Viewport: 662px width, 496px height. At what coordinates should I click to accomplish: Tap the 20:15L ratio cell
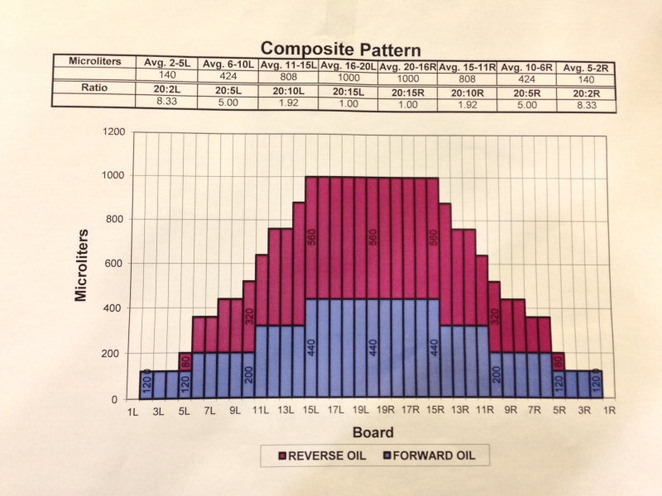click(x=348, y=91)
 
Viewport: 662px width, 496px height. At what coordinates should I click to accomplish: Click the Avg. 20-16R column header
click(x=408, y=65)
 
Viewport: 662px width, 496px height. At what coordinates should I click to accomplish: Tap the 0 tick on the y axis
click(x=121, y=399)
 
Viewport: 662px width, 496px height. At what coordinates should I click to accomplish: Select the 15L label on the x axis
click(x=311, y=411)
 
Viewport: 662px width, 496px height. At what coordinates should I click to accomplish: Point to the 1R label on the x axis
click(x=608, y=411)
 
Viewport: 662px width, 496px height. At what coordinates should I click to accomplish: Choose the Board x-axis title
click(x=373, y=432)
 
